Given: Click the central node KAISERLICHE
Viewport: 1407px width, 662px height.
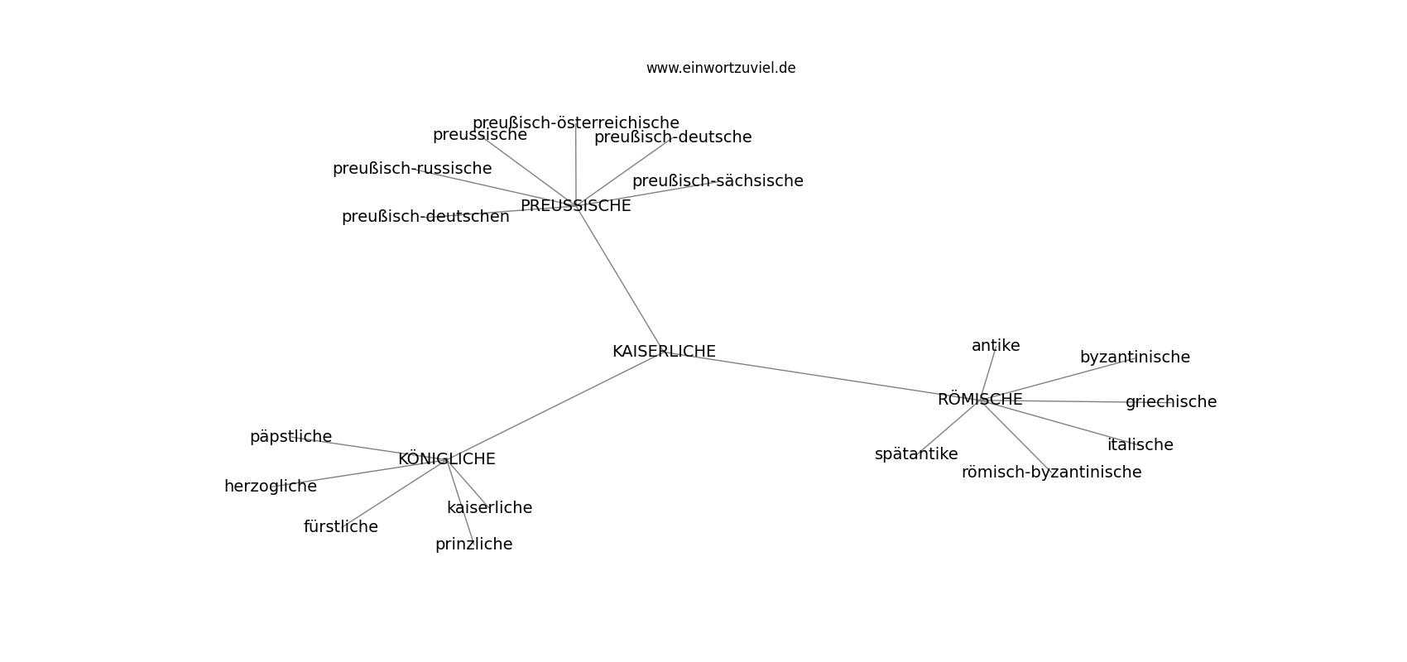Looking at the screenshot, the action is [x=664, y=351].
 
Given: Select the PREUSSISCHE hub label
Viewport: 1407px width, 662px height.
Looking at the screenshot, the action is [x=575, y=206].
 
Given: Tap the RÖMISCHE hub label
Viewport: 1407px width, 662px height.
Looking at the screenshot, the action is [x=980, y=399].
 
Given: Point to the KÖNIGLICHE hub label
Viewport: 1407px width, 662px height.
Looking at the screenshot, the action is [x=447, y=458].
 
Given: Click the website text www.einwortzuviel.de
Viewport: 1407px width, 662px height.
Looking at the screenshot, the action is [x=720, y=68].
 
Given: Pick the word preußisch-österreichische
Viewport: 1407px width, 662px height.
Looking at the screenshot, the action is [x=575, y=123].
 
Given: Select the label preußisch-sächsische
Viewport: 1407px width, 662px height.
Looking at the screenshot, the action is [x=718, y=181].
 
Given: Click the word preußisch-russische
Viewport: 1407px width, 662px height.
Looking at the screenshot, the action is [x=412, y=169].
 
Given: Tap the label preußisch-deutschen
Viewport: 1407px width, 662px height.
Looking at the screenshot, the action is [x=425, y=217].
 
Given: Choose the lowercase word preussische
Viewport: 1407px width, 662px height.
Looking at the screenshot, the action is [x=480, y=135].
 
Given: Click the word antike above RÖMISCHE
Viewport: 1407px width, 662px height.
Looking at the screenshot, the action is [x=996, y=345].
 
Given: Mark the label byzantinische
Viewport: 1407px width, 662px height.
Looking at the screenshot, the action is [x=1135, y=357].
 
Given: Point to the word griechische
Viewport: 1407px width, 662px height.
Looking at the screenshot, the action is [x=1171, y=402].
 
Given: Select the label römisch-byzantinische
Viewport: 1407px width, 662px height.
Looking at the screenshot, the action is [x=1051, y=473].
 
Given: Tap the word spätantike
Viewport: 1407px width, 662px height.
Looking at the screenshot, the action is [x=916, y=454].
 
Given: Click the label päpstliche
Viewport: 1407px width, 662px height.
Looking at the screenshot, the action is [x=291, y=437].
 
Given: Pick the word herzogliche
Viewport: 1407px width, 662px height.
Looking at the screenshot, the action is [x=270, y=486].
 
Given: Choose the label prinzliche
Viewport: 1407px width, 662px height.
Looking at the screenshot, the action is [x=473, y=544].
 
